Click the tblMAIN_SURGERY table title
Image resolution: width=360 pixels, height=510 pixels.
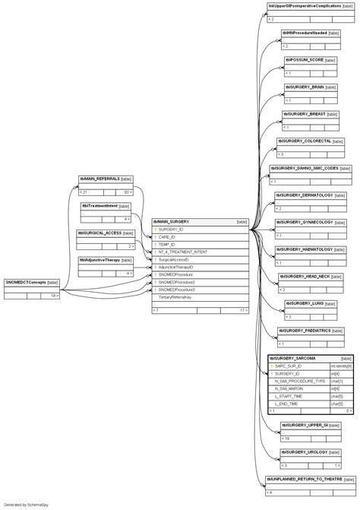[x=172, y=222]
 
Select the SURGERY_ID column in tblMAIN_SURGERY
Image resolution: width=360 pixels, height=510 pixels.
[x=171, y=230]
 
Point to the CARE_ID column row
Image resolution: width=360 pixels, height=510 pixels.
[x=167, y=237]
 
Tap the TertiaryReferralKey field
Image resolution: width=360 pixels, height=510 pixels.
[x=175, y=297]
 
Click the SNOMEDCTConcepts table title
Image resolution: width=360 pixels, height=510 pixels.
[x=26, y=282]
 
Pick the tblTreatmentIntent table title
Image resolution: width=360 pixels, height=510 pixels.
[x=100, y=206]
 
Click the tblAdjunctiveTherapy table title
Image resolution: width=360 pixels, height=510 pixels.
[x=100, y=260]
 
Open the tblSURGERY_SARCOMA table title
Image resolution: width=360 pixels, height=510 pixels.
[x=294, y=358]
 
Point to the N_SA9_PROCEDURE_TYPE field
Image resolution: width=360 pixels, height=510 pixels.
[x=300, y=381]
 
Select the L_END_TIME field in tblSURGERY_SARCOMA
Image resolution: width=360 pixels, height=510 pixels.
[x=288, y=404]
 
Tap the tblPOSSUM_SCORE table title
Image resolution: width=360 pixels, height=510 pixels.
[x=305, y=59]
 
